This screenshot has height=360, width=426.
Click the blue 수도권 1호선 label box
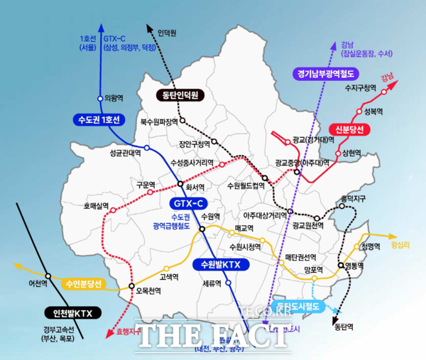click(97, 119)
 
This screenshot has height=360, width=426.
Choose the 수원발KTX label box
click(222, 265)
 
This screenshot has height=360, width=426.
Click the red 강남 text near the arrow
click(387, 76)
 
